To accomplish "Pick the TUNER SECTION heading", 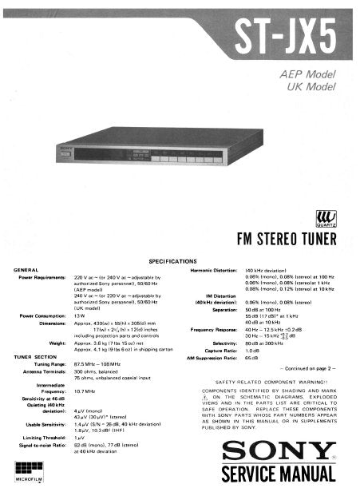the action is [35, 355].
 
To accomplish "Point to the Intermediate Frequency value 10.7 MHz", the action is [86, 391].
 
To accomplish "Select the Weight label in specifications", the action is [56, 342].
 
